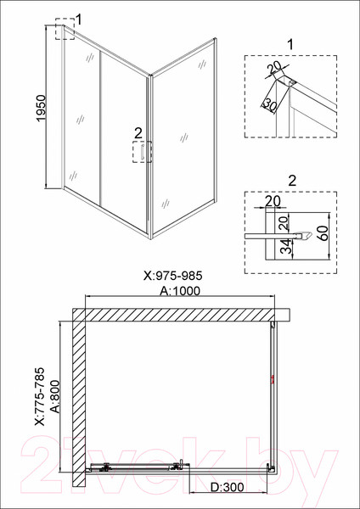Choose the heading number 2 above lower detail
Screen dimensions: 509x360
(291, 179)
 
